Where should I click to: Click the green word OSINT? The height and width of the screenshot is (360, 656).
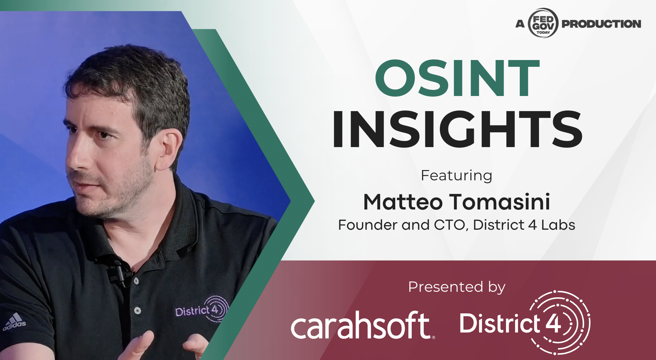457,79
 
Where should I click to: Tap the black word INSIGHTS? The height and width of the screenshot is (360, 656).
457,129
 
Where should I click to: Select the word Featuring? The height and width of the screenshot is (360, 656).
457,176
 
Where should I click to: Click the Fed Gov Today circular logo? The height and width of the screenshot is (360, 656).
543,23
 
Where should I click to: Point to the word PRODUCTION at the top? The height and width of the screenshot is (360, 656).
601,24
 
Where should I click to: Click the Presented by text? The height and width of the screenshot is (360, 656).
457,287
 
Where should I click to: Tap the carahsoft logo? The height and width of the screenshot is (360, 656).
363,325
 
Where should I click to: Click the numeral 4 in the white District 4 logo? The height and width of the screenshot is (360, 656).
553,323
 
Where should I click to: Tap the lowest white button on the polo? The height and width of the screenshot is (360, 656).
138,311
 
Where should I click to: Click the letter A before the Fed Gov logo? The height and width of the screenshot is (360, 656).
520,24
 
